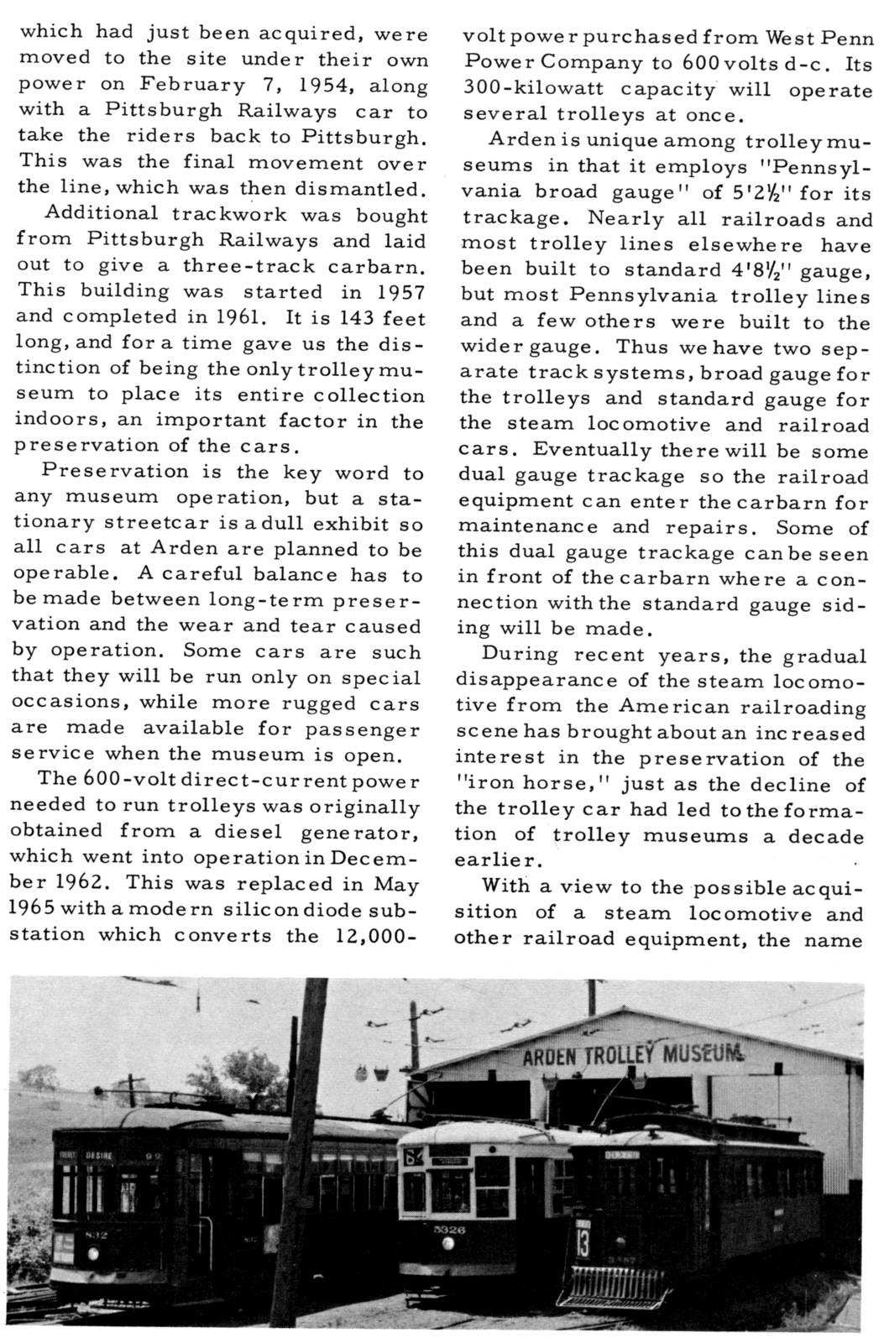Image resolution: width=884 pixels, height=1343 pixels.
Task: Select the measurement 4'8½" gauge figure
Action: click(x=752, y=271)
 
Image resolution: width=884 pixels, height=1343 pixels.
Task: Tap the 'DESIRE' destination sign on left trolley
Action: click(x=100, y=1156)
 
